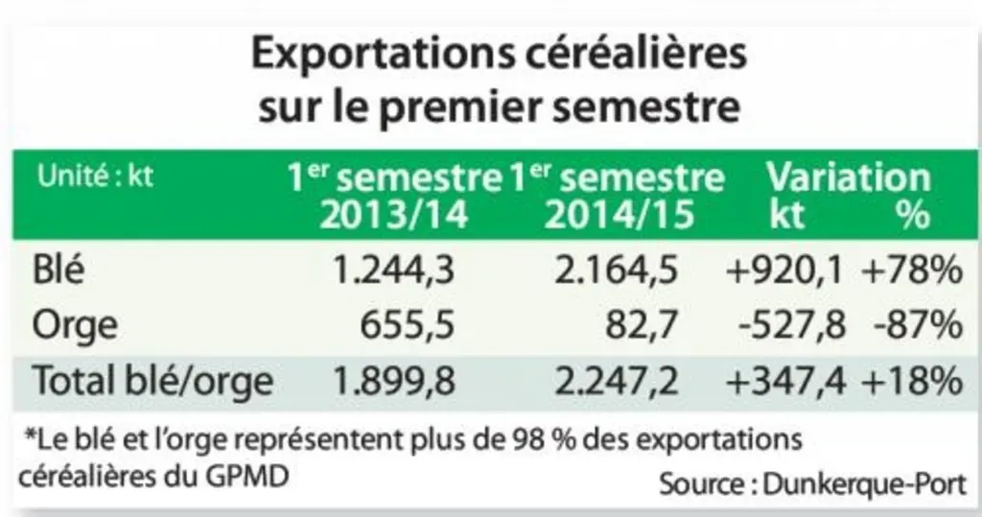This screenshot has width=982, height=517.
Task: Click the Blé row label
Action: click(x=58, y=270)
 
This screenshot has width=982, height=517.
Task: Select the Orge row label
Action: click(x=75, y=326)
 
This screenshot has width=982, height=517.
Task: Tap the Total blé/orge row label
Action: click(x=152, y=381)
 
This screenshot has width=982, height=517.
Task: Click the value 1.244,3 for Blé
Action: click(x=393, y=270)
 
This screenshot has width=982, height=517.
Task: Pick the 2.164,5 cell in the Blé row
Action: click(x=617, y=270)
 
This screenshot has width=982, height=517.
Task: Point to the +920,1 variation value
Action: click(x=784, y=270)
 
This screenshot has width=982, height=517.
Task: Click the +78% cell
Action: click(x=912, y=270)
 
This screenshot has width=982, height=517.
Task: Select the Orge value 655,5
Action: click(x=407, y=326)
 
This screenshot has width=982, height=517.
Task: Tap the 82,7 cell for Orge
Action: click(x=642, y=326)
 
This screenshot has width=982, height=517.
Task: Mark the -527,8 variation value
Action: click(x=791, y=326)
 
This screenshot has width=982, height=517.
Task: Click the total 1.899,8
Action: click(x=393, y=381)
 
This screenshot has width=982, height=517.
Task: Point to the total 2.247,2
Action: click(x=617, y=381)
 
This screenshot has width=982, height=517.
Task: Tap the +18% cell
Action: click(x=912, y=381)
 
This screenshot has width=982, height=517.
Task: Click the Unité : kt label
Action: click(x=95, y=176)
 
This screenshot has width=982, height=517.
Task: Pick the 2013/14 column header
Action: click(x=394, y=215)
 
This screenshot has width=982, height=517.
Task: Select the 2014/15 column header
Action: click(x=620, y=215)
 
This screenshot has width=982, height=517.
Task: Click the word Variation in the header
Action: click(x=849, y=177)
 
